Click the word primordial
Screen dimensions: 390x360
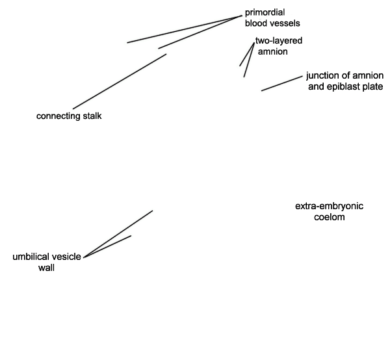265,13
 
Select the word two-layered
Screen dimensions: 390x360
279,41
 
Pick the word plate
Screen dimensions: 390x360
374,87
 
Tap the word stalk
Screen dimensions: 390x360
92,116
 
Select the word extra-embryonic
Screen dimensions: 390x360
329,207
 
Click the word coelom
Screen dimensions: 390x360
330,217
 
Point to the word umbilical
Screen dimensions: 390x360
31,257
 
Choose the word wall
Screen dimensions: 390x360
47,268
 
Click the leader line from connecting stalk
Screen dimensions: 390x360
120,81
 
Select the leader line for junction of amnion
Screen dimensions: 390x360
281,84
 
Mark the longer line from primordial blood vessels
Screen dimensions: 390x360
185,29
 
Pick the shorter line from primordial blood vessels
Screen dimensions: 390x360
200,32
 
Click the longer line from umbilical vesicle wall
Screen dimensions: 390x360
118,234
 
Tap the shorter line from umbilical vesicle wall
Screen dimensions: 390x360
107,246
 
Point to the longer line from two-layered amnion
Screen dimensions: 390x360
249,60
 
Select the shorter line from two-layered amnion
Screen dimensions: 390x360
247,54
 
